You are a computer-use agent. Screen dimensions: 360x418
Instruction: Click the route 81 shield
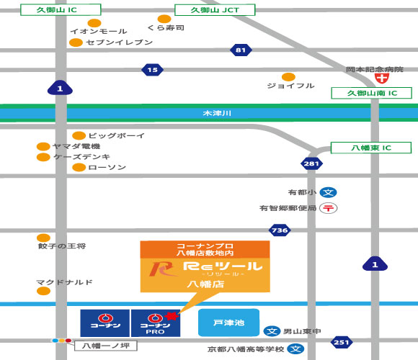(x=241, y=50)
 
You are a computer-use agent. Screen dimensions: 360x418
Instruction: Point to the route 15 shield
(x=151, y=70)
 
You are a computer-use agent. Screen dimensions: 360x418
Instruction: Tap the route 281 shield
(x=311, y=164)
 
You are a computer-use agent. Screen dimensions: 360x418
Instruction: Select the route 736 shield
(x=279, y=230)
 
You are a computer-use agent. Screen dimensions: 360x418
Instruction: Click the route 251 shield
(x=342, y=342)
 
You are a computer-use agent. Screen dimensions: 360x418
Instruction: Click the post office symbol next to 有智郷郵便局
(x=329, y=208)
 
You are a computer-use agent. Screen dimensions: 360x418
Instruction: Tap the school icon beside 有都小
(x=329, y=192)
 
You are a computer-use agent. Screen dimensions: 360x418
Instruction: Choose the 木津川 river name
(x=215, y=114)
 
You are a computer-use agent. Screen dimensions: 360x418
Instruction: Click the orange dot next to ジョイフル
(x=288, y=77)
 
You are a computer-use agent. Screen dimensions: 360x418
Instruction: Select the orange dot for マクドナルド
(x=43, y=291)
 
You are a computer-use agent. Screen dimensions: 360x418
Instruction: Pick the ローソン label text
(x=107, y=168)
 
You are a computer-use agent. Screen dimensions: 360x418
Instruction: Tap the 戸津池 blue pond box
(x=228, y=323)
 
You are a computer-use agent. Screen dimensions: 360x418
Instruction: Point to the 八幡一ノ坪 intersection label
(x=106, y=346)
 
